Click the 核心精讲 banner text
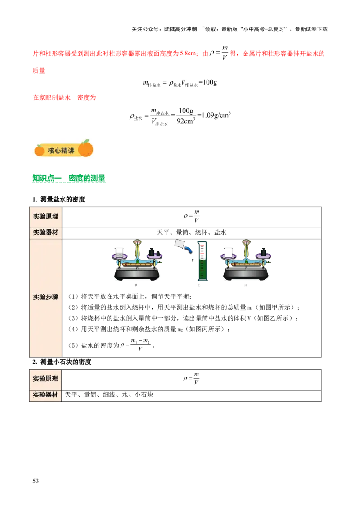click(x=61, y=151)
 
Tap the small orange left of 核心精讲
click(x=39, y=150)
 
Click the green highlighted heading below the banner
click(x=69, y=179)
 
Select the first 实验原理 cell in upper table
click(x=45, y=216)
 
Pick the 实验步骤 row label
click(x=45, y=297)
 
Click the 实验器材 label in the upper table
click(x=45, y=233)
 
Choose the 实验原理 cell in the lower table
click(x=45, y=379)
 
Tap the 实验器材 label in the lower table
click(x=45, y=395)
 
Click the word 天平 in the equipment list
click(x=72, y=395)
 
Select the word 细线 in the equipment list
click(x=109, y=395)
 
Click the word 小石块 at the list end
click(x=144, y=395)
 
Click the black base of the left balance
click(x=137, y=276)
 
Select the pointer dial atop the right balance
click(x=246, y=245)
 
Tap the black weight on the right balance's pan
click(x=262, y=250)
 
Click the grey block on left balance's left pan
click(x=120, y=254)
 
